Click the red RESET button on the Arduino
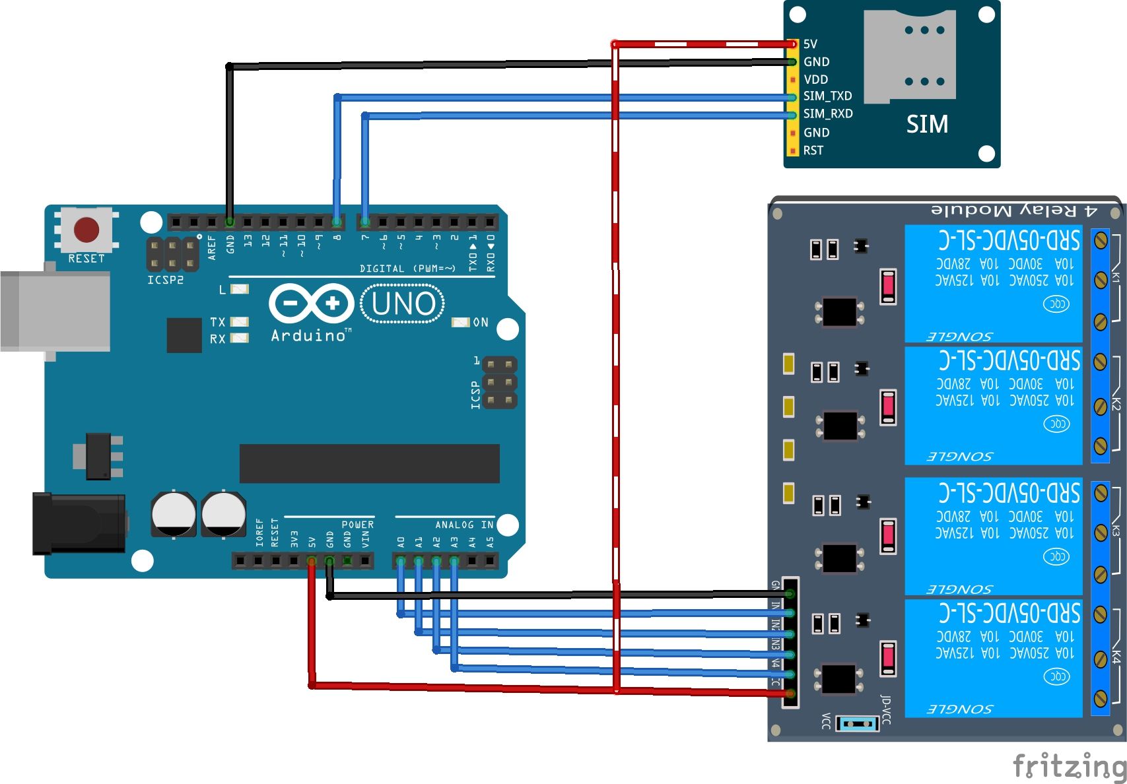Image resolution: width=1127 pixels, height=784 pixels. point(86,230)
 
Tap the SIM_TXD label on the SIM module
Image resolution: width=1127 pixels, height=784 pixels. point(827,96)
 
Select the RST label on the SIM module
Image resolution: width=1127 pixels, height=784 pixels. point(813,150)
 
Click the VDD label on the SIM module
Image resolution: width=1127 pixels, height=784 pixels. point(815,79)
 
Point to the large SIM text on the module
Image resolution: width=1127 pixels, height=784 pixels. point(926,124)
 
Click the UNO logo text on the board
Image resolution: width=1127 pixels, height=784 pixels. point(403,304)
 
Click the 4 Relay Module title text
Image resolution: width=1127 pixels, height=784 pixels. point(1013,211)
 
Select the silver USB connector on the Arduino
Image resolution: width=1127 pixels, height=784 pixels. point(56,311)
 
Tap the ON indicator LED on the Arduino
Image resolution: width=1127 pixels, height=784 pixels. point(460,322)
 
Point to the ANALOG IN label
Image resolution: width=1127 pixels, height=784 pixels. point(463,525)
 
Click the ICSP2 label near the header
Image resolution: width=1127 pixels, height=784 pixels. point(165,280)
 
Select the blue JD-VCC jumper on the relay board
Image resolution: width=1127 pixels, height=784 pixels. point(857,724)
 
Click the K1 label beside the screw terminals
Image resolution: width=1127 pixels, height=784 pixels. point(1115,277)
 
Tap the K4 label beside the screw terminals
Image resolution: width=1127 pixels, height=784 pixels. point(1115,657)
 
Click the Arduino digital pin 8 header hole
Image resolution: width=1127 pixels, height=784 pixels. point(337,222)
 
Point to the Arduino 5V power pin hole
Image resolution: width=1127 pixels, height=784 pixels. point(312,561)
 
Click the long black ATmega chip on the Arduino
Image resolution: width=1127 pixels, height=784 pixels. point(369,463)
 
